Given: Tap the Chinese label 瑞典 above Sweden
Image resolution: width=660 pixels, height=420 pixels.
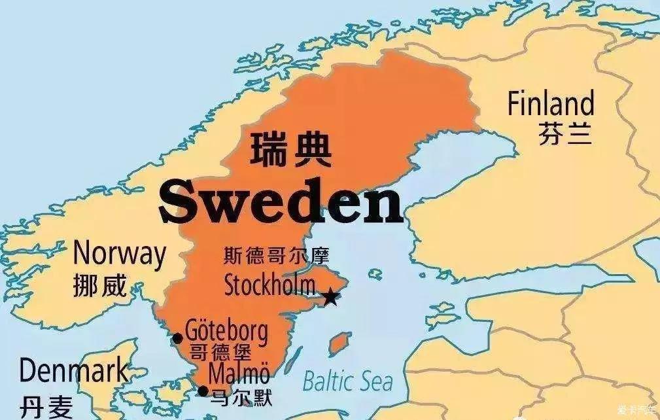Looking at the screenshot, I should (x=290, y=149).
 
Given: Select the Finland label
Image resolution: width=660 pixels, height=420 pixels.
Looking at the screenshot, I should (x=551, y=104).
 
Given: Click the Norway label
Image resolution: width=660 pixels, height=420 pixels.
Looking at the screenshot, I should (x=119, y=253).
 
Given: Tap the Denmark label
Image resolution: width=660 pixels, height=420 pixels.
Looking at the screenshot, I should (x=73, y=372).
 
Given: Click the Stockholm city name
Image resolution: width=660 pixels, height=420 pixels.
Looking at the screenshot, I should (x=269, y=285).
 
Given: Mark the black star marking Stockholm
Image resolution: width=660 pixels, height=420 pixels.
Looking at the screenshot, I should (x=331, y=298).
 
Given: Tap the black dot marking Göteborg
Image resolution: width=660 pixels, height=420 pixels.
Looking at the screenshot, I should (x=177, y=338).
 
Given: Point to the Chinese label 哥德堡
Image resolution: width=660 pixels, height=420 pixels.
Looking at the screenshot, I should (x=220, y=353).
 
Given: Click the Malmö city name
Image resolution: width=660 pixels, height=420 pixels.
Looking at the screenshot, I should (x=239, y=374).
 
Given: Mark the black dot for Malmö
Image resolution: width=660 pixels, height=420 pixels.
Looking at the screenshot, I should (x=203, y=391).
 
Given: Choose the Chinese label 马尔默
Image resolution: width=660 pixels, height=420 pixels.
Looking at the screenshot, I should (x=240, y=396).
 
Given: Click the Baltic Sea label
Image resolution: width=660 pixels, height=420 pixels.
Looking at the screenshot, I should (x=347, y=381).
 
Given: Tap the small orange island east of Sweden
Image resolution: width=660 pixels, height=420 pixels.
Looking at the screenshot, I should (x=338, y=344).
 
